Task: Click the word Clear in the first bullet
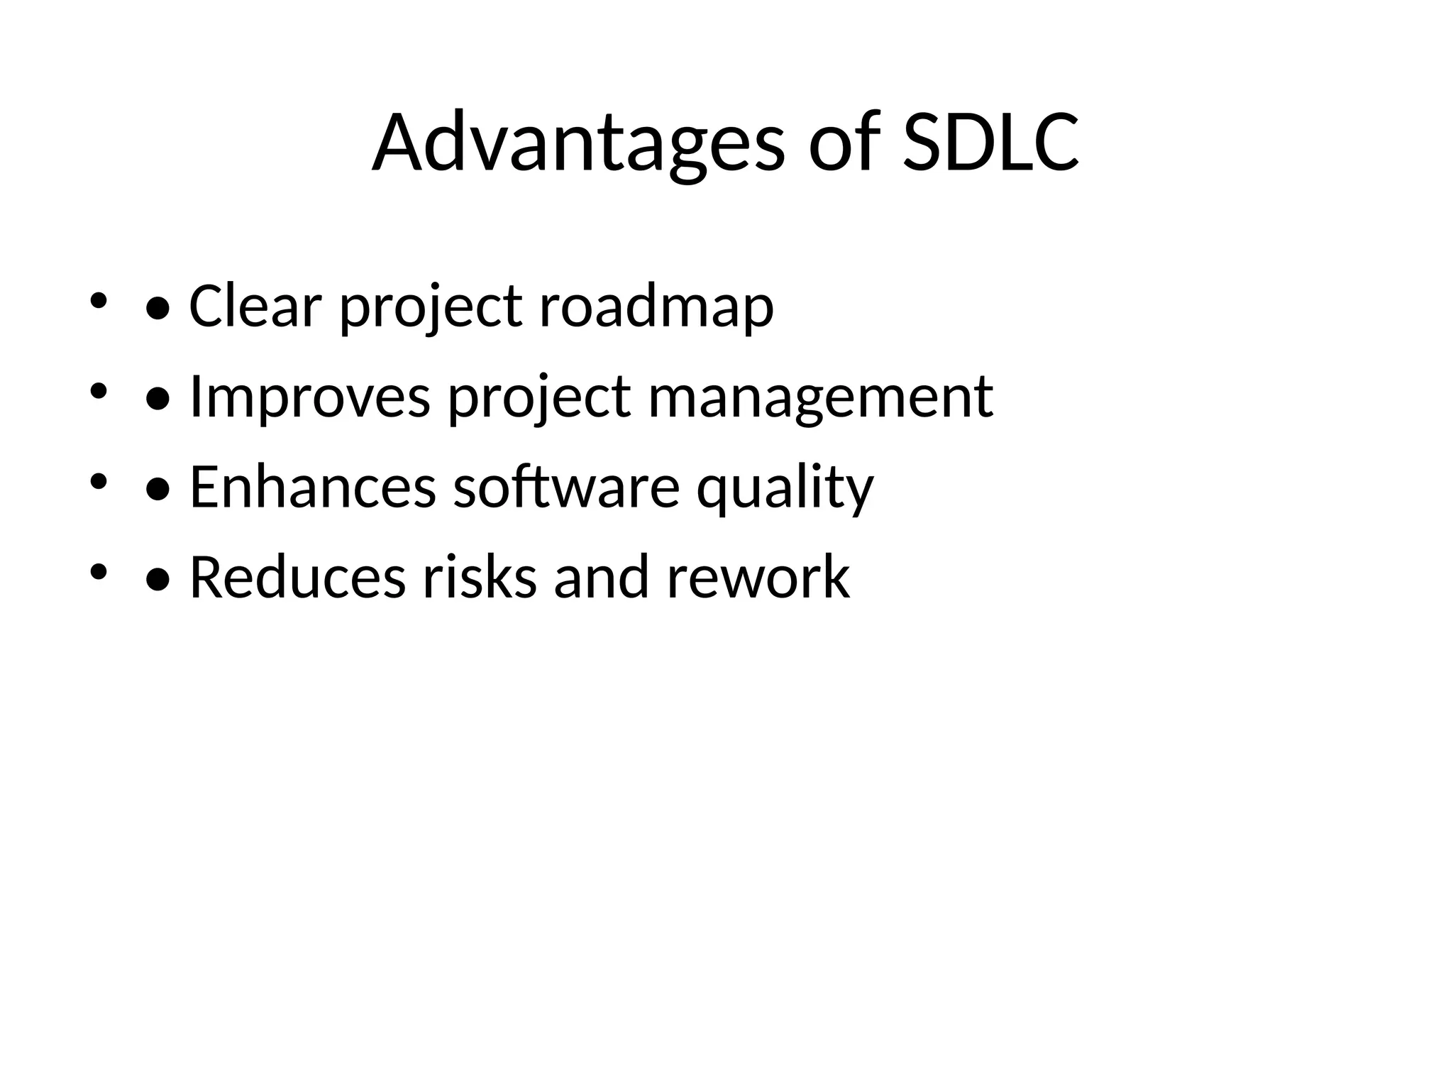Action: [x=255, y=306]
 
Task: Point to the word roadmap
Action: [x=656, y=307]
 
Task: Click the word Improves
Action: [x=310, y=397]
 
